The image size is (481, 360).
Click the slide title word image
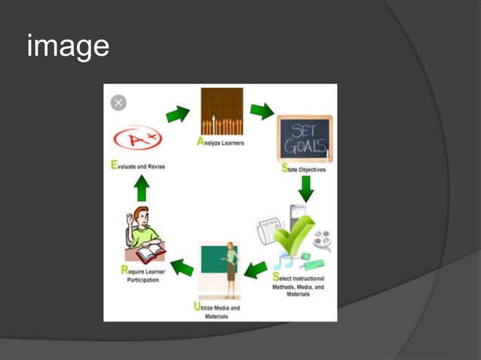pyautogui.click(x=68, y=47)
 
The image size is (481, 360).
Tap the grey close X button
pyautogui.click(x=118, y=102)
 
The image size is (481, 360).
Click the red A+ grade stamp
pyautogui.click(x=137, y=139)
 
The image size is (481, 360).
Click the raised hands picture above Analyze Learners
pyautogui.click(x=222, y=111)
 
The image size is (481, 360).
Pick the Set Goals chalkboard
pyautogui.click(x=305, y=139)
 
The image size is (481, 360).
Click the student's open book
pyautogui.click(x=151, y=251)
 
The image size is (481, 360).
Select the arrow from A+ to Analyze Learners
pyautogui.click(x=177, y=114)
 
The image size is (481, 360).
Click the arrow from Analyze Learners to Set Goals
pyautogui.click(x=262, y=111)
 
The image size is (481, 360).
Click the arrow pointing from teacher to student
pyautogui.click(x=181, y=266)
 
